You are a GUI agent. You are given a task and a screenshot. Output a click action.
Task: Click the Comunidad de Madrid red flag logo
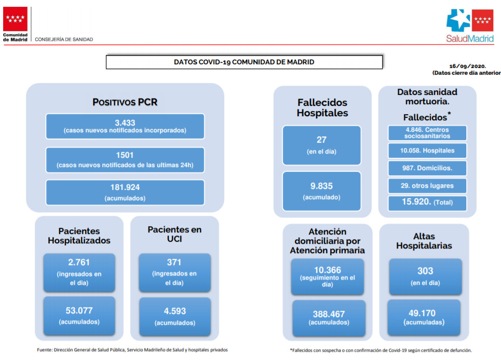[x=15, y=19]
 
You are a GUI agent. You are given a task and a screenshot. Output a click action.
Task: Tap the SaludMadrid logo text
[x=470, y=38]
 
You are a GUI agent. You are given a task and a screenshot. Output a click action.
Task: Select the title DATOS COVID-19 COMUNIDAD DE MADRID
[x=244, y=62]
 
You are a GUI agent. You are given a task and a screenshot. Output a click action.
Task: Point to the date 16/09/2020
[x=467, y=66]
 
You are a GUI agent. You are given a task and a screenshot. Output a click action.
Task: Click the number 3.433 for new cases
[x=125, y=122]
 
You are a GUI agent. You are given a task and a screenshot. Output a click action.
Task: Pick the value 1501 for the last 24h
[x=125, y=155]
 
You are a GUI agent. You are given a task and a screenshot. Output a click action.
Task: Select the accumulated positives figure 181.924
[x=125, y=187]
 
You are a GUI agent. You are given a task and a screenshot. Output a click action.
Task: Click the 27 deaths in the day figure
[x=321, y=140]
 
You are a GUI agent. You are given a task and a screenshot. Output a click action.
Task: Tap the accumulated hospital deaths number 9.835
[x=321, y=186]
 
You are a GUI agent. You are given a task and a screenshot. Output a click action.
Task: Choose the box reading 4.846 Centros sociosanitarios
[x=427, y=133]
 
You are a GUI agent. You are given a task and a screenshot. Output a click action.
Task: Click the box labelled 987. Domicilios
[x=427, y=168]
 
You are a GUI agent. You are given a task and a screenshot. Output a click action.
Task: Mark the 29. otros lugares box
[x=427, y=186]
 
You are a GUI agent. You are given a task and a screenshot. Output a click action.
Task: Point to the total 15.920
[x=416, y=202]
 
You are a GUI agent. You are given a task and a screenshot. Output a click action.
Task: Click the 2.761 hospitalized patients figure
[x=79, y=262]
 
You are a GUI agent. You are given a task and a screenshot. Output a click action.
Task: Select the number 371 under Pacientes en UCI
[x=174, y=262]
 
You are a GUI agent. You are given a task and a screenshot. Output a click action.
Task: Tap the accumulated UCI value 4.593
[x=175, y=311]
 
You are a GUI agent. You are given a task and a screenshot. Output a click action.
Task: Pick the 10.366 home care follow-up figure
[x=328, y=270]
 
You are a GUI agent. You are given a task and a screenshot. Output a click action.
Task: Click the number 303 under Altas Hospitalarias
[x=425, y=271]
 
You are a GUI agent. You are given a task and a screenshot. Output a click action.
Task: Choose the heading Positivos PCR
[x=125, y=102]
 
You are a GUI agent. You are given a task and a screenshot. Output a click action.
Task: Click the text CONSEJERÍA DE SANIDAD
[x=64, y=39]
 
